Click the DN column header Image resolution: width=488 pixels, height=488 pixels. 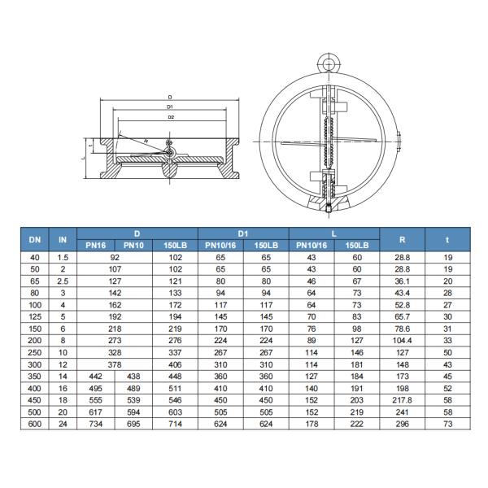tap(34, 239)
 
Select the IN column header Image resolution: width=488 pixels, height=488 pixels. tap(63, 239)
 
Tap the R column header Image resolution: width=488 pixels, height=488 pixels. tap(403, 239)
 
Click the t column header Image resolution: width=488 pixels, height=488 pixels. tap(447, 239)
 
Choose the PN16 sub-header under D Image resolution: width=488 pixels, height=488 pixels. tap(95, 245)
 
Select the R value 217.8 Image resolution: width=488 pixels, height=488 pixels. tap(403, 401)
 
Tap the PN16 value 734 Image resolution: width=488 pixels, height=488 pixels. tap(95, 424)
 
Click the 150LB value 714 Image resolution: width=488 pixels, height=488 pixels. tap(175, 424)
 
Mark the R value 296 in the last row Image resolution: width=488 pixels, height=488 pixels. tap(403, 424)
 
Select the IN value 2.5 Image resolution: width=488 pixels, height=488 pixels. tap(63, 280)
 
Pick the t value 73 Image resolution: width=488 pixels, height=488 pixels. tap(447, 424)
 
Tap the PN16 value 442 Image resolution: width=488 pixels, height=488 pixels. tap(95, 377)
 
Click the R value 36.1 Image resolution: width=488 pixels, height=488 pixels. tap(403, 280)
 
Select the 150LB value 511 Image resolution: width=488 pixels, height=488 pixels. tap(175, 389)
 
